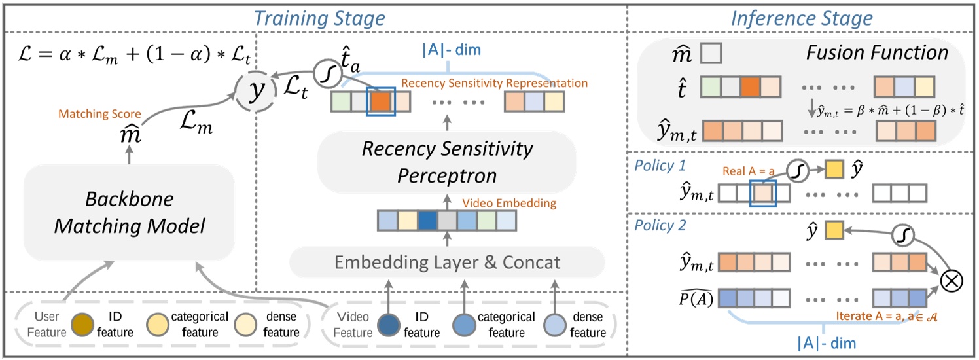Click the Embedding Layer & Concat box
(x=448, y=262)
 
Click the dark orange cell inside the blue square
(x=381, y=101)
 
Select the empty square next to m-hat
(x=711, y=53)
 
